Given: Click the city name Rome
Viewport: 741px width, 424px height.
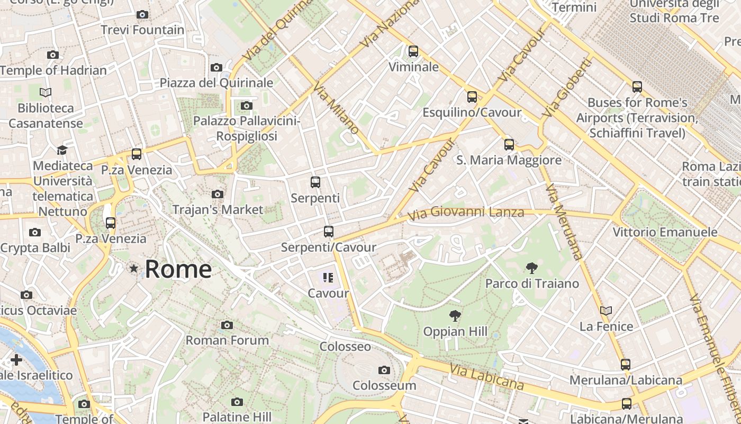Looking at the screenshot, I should [178, 269].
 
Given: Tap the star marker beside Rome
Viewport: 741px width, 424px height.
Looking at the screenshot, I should [134, 269].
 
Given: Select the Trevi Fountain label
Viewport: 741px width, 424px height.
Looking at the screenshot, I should [143, 30].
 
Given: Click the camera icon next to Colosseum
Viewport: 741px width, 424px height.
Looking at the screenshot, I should [384, 370].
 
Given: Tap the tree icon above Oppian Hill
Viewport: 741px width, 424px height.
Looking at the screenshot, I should [455, 316].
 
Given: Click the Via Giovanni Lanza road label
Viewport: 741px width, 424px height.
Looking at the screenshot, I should [466, 213].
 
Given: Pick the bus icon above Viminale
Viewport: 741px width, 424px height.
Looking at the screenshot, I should [413, 51].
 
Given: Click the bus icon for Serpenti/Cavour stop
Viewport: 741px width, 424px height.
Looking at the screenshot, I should [328, 232].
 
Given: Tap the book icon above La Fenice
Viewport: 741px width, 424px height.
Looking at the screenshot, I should [606, 311].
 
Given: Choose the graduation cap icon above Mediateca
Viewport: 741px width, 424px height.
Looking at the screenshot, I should [62, 150].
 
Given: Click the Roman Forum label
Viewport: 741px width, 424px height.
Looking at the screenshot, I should [227, 340].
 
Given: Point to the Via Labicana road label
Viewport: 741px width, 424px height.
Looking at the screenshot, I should [487, 377].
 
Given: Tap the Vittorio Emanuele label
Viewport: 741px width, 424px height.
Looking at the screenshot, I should [665, 232].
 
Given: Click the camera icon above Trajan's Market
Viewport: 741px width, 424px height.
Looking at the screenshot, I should [217, 195].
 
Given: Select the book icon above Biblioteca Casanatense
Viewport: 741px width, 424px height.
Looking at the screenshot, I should [46, 93].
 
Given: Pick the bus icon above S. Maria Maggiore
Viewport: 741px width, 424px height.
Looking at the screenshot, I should [509, 144].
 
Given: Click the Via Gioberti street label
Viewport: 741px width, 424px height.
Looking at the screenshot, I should [567, 87].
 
